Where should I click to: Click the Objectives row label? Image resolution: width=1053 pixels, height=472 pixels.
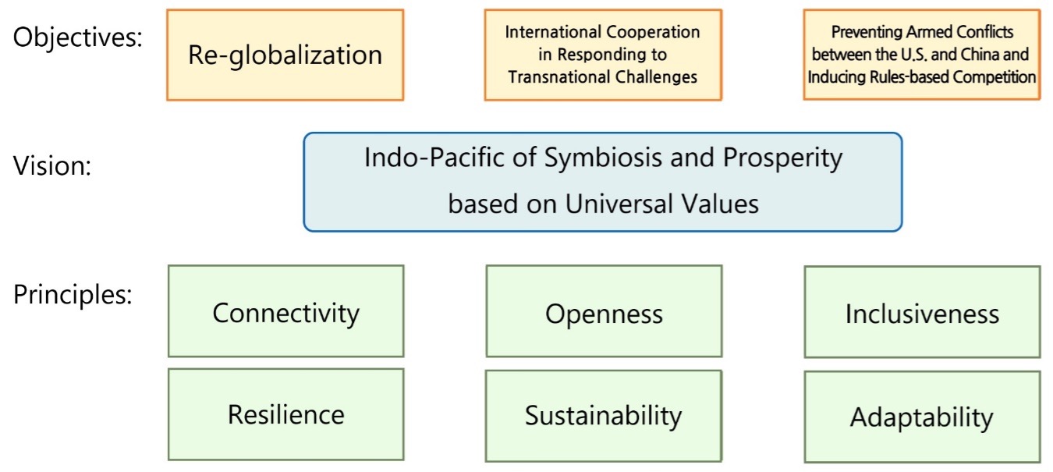tap(77, 37)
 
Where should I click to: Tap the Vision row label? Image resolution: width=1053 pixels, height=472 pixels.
tap(52, 165)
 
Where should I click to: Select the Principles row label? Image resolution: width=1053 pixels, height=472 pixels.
tap(73, 295)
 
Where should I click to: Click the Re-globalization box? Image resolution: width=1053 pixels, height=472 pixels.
tap(285, 55)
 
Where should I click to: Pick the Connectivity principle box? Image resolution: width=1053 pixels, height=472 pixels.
tap(285, 311)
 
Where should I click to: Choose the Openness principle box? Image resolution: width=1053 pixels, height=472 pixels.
tap(604, 311)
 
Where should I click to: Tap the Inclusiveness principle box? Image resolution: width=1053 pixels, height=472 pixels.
tap(922, 312)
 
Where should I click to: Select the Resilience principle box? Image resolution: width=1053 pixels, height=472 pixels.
tap(285, 414)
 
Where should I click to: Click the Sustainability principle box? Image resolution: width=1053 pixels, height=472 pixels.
tap(604, 416)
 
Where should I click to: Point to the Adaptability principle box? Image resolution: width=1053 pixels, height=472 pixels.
tap(922, 417)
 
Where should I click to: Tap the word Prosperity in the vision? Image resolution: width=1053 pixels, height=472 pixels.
tap(782, 158)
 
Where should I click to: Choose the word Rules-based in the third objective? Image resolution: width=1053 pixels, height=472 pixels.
tap(912, 77)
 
